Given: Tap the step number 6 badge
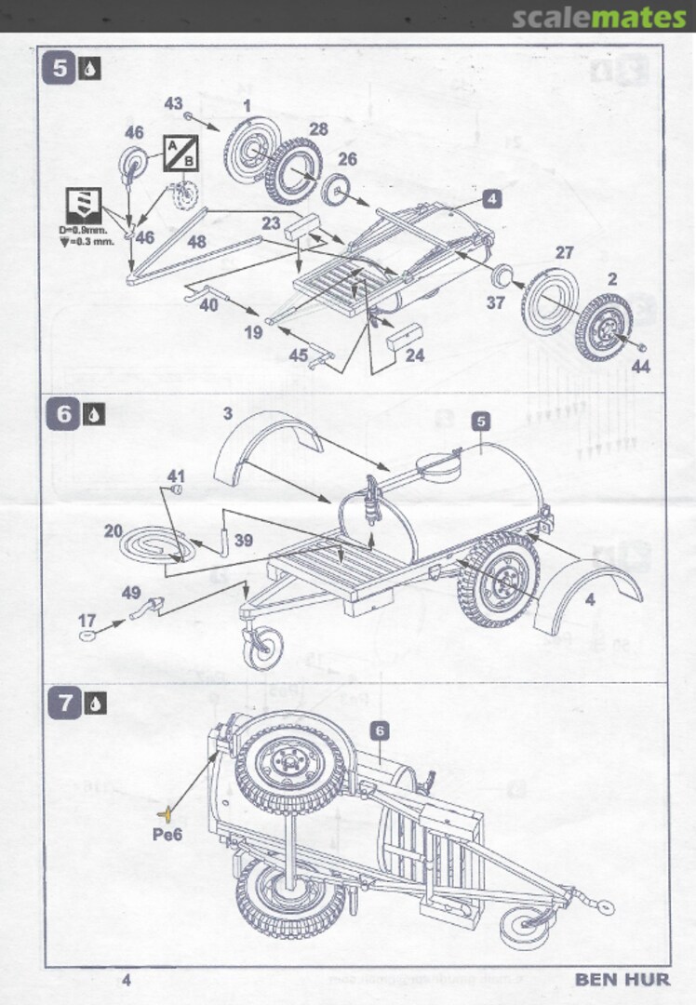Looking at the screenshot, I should [64, 413].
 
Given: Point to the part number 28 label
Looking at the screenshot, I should [319, 129].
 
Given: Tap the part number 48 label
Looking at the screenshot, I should [196, 241].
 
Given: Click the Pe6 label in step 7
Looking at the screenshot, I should [167, 835].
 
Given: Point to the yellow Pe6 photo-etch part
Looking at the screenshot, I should [165, 813].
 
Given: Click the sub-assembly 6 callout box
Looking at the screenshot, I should [379, 731].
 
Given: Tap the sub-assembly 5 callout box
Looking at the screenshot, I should [480, 421].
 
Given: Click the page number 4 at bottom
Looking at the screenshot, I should [127, 979].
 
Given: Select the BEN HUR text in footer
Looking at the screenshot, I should [622, 979].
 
